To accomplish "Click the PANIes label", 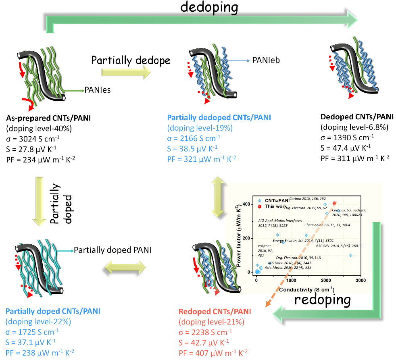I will (97, 90).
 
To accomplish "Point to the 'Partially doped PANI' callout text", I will (113, 250).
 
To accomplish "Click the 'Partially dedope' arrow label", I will (131, 60).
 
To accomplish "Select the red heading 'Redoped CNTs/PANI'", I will (215, 311).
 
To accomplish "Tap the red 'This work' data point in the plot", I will (334, 203).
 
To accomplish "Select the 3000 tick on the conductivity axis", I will (361, 280).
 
